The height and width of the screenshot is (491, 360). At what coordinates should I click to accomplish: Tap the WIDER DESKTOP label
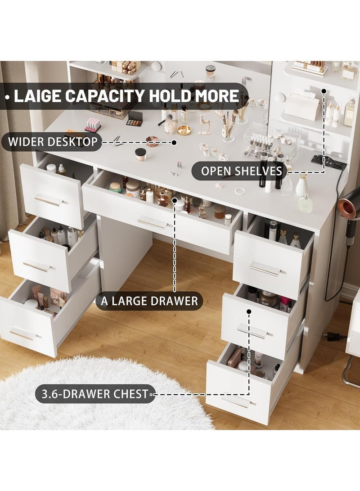tap(52, 143)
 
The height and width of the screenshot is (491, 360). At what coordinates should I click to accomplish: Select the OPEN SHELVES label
tap(242, 171)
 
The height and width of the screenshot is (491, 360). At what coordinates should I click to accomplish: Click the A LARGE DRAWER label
tap(149, 301)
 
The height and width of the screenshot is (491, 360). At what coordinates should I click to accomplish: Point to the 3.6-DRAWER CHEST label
tap(95, 394)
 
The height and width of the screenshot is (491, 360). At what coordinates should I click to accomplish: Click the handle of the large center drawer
tap(152, 222)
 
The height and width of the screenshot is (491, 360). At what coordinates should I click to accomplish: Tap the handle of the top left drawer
tap(48, 201)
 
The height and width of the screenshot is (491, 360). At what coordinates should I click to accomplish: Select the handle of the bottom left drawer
tap(22, 335)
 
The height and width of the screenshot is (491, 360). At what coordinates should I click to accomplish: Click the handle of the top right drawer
tap(265, 269)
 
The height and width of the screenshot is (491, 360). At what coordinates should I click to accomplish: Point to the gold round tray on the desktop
tap(184, 130)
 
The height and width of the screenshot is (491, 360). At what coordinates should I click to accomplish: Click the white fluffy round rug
tap(103, 396)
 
